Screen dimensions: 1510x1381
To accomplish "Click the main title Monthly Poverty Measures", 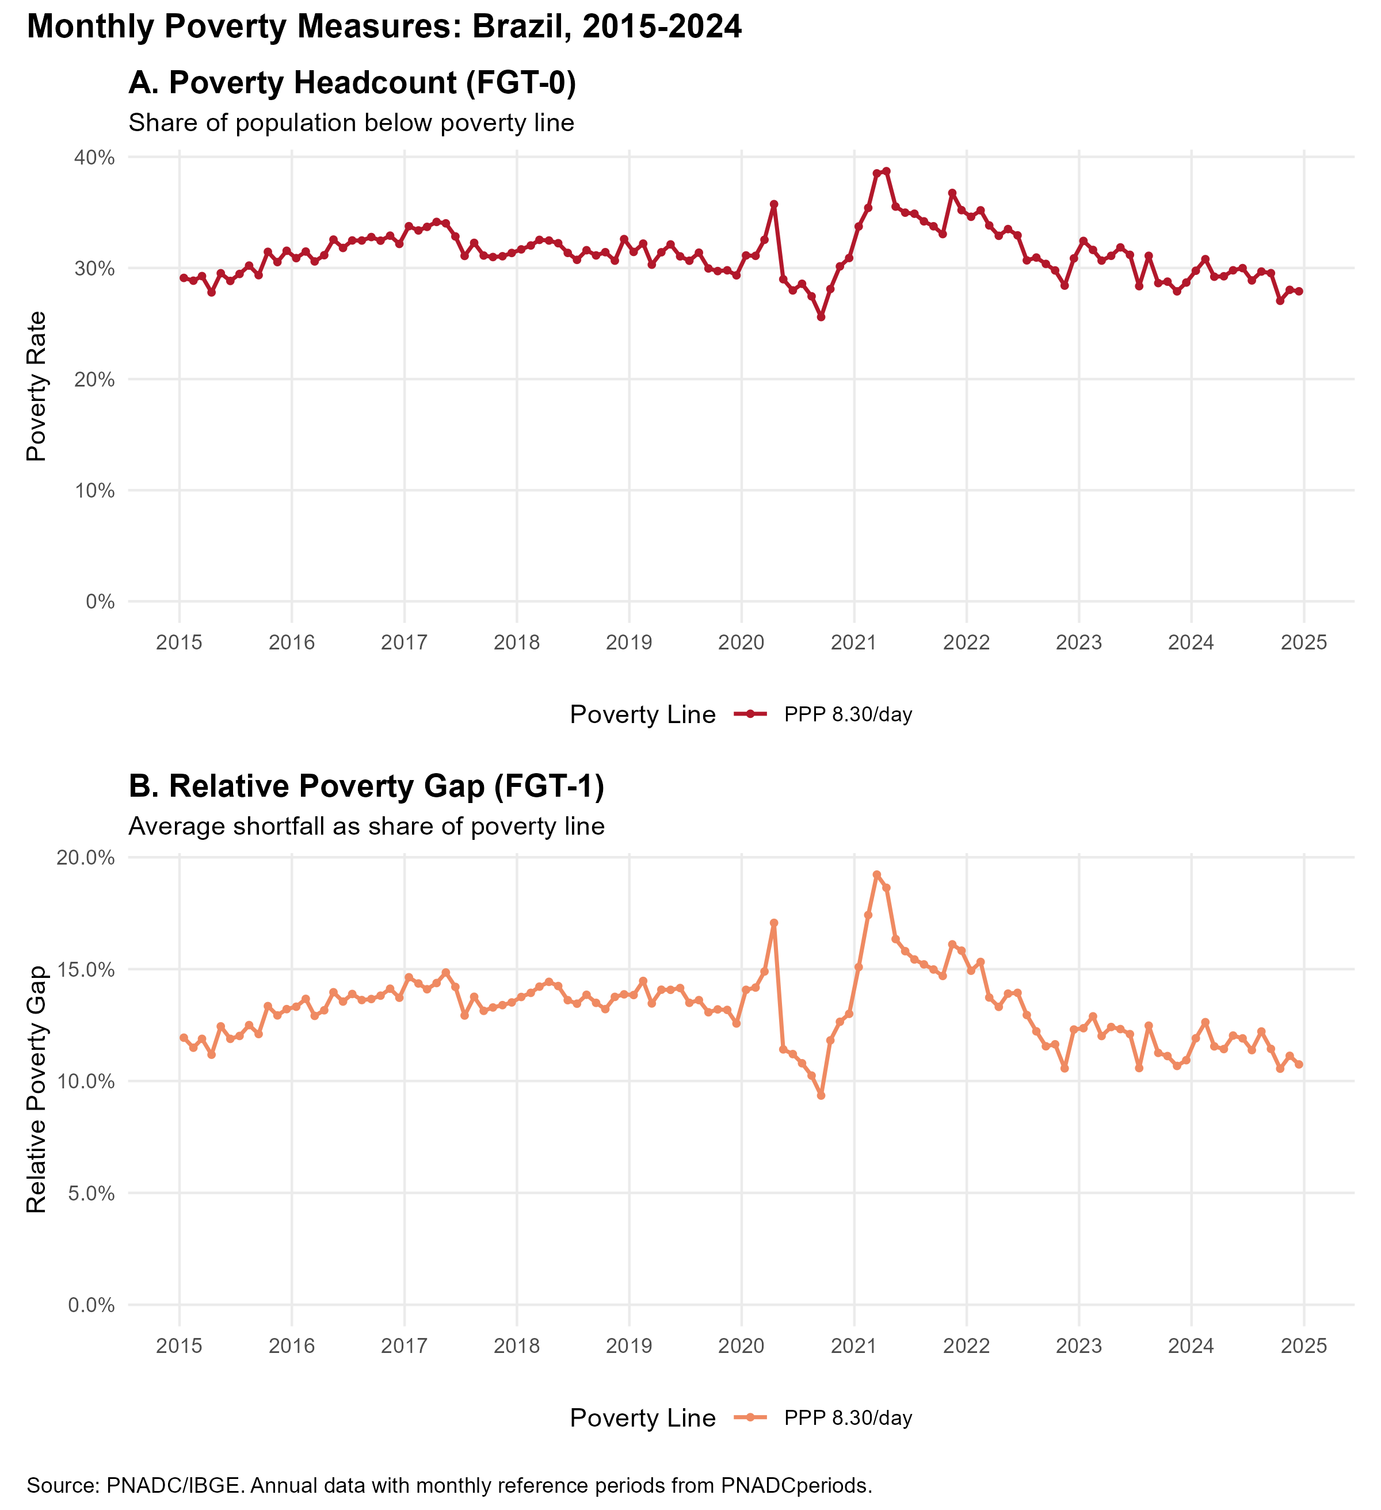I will click(384, 28).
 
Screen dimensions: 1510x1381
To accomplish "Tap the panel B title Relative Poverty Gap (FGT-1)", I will click(367, 786).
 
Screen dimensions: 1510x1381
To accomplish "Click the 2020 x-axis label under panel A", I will click(741, 643).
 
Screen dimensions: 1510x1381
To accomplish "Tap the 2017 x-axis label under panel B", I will click(404, 1346).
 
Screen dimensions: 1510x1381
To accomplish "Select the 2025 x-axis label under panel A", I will click(1304, 643).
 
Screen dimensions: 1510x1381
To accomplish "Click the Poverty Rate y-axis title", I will click(37, 386).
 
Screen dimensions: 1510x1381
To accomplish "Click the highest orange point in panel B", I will click(877, 875).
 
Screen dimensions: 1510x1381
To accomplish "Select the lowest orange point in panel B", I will click(821, 1095).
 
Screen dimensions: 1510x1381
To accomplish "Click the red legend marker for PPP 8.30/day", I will click(750, 714).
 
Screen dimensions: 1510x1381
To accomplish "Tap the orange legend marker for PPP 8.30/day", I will click(750, 1417).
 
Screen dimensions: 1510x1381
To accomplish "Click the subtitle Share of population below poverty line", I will click(352, 123).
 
